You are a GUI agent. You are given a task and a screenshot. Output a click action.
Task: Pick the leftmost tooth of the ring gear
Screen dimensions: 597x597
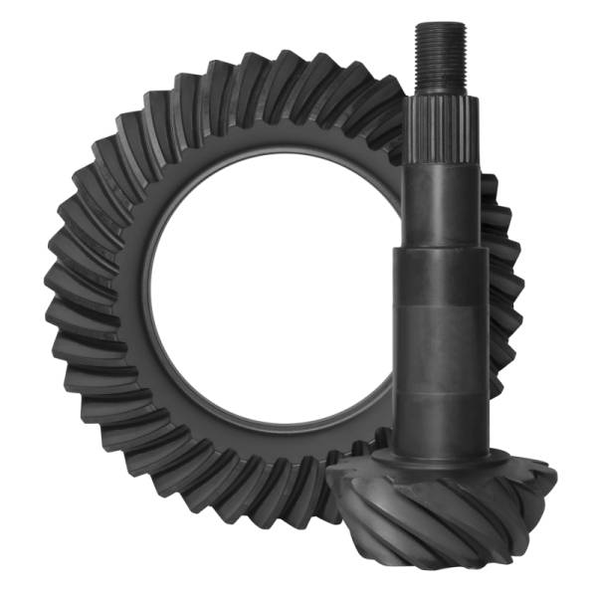pyautogui.click(x=55, y=298)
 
